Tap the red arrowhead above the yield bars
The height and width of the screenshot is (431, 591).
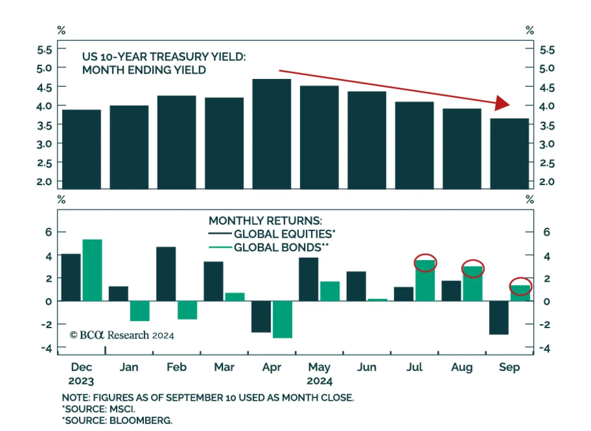point(502,103)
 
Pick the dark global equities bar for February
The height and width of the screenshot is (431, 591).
point(166,274)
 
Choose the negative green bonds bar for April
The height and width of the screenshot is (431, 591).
point(282,319)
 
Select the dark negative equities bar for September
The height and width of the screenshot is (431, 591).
point(499,318)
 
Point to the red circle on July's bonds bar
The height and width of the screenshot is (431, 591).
point(425,263)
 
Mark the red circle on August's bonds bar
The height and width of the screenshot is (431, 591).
point(473,269)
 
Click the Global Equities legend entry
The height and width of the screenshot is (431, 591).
point(284,234)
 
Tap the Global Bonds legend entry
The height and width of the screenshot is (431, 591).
point(281,247)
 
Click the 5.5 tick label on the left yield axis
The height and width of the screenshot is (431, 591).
point(44,49)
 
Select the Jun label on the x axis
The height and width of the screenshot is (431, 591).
point(367,367)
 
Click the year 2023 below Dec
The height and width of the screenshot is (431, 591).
point(81,381)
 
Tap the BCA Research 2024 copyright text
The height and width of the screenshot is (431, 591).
point(122,335)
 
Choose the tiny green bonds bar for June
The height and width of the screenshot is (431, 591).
point(378,300)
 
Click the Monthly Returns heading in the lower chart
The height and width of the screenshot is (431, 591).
point(265,221)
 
